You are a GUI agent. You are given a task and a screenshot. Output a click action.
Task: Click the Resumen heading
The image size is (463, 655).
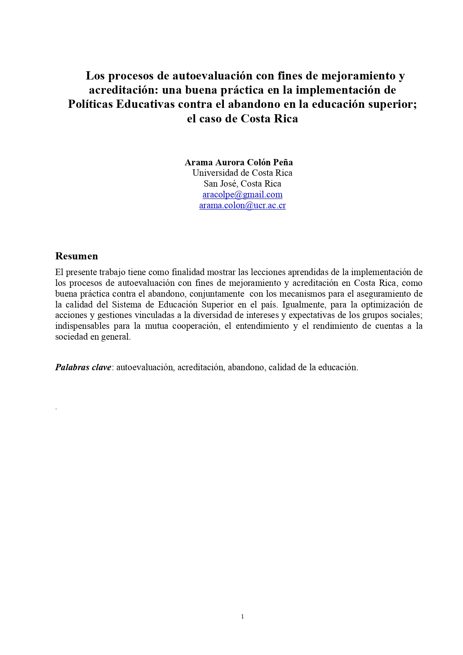point(76,256)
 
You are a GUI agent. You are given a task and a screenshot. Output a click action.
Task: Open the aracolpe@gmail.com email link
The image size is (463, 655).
point(242,194)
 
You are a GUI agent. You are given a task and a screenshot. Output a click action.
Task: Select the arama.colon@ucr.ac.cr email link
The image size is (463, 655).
point(242,205)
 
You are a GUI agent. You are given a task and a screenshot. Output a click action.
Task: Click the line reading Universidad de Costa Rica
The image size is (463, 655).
point(242,173)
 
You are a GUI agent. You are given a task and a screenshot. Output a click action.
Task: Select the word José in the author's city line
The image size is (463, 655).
point(230,184)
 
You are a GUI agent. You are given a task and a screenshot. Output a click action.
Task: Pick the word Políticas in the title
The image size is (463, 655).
point(90,104)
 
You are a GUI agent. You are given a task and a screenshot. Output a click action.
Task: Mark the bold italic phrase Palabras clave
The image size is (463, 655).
point(83,367)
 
